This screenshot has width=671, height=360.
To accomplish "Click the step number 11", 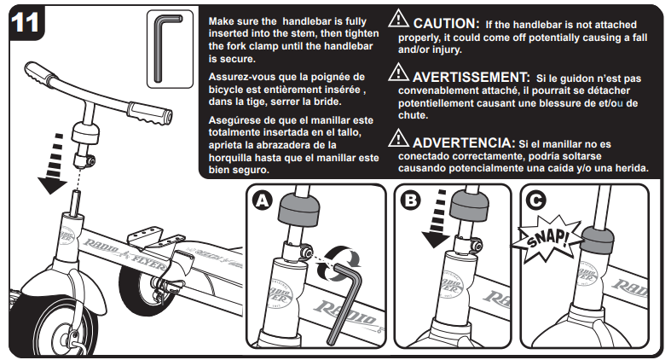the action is pyautogui.click(x=25, y=22).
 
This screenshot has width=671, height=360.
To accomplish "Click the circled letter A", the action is pyautogui.click(x=262, y=200).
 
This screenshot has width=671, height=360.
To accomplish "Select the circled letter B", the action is pyautogui.click(x=410, y=200).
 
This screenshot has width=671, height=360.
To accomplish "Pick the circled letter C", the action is pyautogui.click(x=535, y=200).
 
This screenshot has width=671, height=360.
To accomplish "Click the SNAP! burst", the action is pyautogui.click(x=547, y=238).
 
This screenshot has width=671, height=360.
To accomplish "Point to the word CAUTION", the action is pyautogui.click(x=446, y=23).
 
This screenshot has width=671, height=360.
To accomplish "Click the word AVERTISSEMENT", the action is pyautogui.click(x=471, y=77).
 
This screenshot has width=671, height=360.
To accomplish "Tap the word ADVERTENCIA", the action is pyautogui.click(x=464, y=142).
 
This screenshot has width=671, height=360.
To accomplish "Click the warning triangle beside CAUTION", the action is pyautogui.click(x=398, y=19).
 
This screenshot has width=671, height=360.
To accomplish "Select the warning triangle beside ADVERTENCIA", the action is pyautogui.click(x=398, y=138).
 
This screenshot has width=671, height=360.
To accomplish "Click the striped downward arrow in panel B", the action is pyautogui.click(x=437, y=219).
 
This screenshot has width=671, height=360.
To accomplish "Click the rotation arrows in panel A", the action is pyautogui.click(x=339, y=262).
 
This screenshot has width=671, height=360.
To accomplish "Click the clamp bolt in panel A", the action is pyautogui.click(x=305, y=253).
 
